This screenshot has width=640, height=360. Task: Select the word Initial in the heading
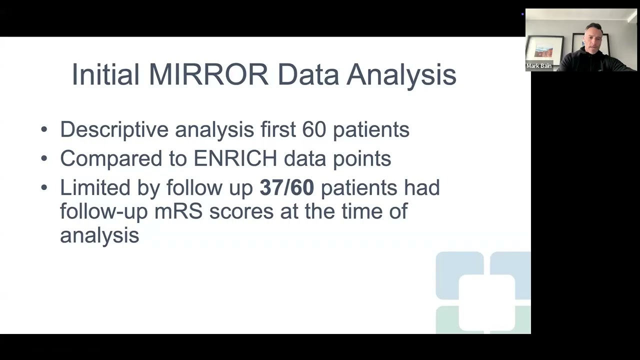105,75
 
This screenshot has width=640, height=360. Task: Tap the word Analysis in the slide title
401,75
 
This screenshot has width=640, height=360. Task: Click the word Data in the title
307,75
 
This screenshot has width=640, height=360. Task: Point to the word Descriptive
114,129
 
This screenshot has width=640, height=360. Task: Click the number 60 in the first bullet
314,129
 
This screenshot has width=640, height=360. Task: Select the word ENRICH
235,158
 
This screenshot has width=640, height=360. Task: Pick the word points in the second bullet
365,158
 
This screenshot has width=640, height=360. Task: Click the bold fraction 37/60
286,187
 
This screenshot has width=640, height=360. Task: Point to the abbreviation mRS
178,211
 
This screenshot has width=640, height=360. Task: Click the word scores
241,211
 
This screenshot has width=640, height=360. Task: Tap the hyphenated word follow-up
103,211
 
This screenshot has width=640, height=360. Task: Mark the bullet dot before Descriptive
44,129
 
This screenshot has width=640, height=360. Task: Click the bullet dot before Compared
44,158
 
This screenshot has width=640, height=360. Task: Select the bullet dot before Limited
44,187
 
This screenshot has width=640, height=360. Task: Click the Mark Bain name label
539,66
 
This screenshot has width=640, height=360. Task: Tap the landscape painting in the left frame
543,50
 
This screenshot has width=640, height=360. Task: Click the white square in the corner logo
486,302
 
